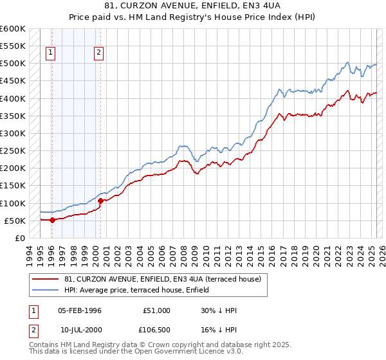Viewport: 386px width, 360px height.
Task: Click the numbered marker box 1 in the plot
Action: pos(50,53)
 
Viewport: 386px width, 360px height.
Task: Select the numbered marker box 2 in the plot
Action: pos(98,53)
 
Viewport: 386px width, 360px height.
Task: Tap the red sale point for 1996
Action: pos(52,220)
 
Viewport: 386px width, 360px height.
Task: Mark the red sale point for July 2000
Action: pos(100,201)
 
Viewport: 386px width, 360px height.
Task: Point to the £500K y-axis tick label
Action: pos(12,64)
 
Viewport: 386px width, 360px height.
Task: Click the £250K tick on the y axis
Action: pos(12,151)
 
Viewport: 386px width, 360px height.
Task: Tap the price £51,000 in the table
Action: pos(156,310)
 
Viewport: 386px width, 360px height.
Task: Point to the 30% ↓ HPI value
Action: pos(219,310)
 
